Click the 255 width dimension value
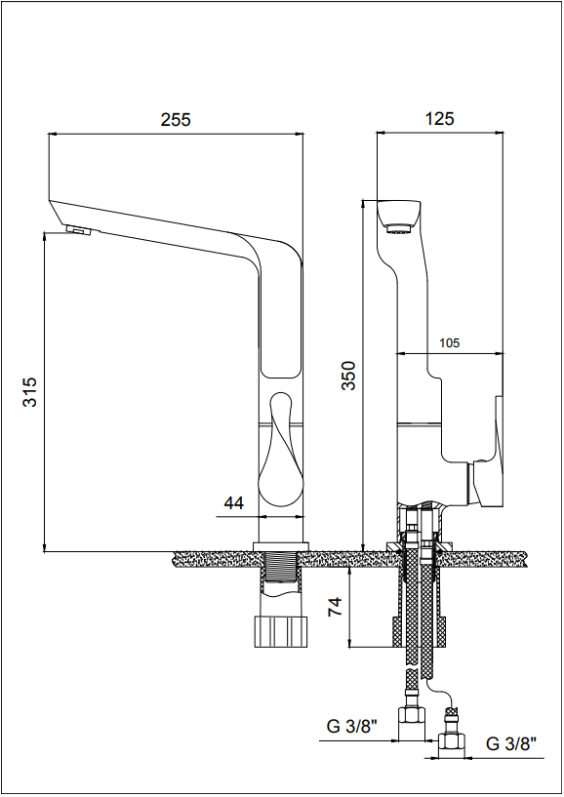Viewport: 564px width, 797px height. [176, 119]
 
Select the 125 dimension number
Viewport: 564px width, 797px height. [439, 118]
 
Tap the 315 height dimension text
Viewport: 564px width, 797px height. [30, 391]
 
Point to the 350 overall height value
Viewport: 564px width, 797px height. [348, 376]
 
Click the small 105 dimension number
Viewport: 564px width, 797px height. [449, 343]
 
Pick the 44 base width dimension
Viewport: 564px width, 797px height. [234, 502]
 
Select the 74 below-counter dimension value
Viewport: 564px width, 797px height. [335, 607]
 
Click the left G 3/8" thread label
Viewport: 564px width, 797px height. [352, 727]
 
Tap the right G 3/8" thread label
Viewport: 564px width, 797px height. [511, 744]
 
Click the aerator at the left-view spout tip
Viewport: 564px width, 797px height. [79, 230]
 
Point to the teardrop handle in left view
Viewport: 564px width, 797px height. [281, 449]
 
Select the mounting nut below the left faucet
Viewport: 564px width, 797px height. [281, 631]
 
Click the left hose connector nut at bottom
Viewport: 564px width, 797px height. [411, 721]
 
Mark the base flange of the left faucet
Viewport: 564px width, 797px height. [281, 546]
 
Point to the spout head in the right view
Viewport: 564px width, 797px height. [399, 218]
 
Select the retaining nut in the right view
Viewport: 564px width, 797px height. [419, 632]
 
